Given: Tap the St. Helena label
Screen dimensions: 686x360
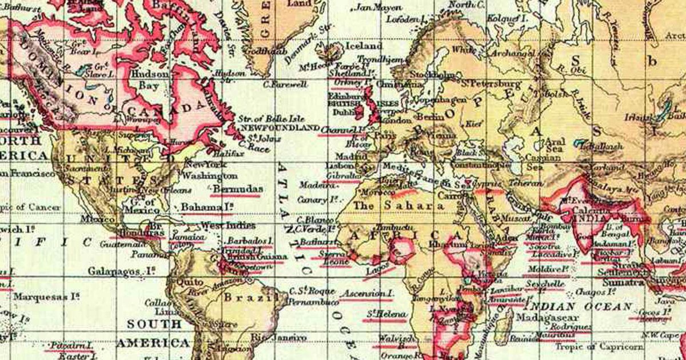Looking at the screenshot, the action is (x=387, y=314).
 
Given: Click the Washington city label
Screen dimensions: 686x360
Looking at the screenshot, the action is (x=211, y=175).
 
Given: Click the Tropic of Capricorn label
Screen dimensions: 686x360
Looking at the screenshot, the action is (x=605, y=347).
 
